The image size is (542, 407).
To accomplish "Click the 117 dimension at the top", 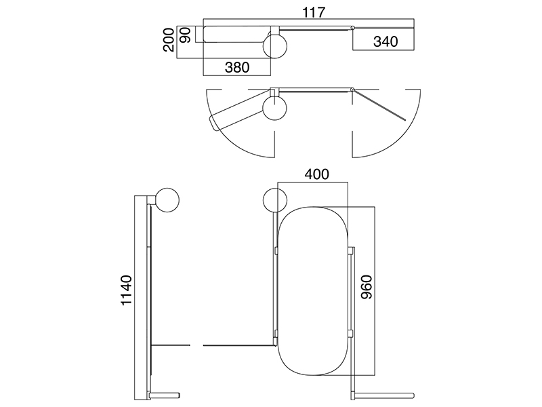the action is tap(314, 12).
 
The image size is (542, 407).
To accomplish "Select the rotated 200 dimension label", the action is tap(169, 40).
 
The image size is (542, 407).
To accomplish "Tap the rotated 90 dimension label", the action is tap(186, 35).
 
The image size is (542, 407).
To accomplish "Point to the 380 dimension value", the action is tap(236, 67).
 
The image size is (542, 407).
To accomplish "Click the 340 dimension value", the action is tap(385, 41).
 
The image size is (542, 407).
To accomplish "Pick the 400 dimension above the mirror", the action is tap(316, 174).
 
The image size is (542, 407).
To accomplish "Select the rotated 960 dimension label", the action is tap(367, 287).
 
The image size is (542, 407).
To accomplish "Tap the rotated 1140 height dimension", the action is tap(127, 290).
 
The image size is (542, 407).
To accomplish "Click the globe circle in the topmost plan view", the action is tap(275, 46).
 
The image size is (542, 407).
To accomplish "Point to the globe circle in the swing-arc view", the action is tap(275, 109).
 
